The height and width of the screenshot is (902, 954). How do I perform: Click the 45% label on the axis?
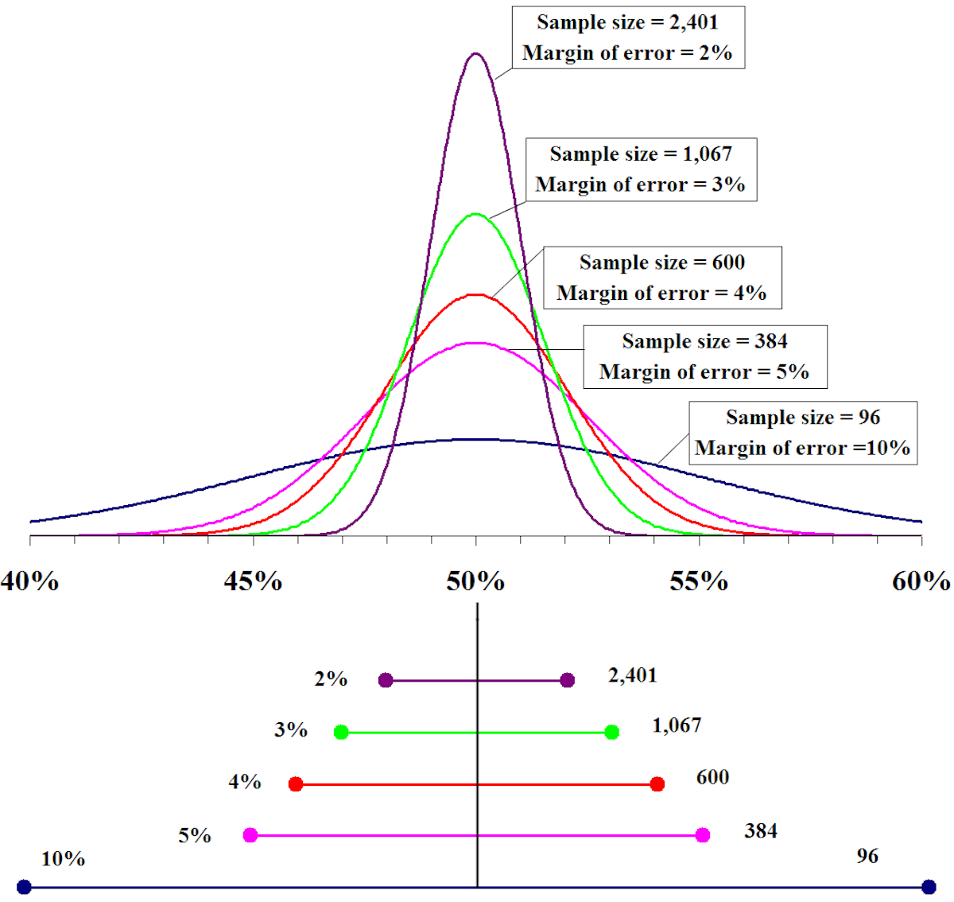253,581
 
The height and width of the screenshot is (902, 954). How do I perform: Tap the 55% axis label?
699,581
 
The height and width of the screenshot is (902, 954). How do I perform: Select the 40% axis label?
30,581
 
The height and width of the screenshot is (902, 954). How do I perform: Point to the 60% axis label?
921,581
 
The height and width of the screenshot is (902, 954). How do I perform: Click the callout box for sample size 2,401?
627,37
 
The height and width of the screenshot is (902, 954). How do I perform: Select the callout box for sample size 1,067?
640,169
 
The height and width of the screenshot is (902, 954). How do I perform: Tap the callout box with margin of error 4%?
661,278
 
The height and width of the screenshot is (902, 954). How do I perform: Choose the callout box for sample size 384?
704,356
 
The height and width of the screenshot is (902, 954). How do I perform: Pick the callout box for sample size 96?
802,433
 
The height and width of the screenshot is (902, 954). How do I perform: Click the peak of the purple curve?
475,54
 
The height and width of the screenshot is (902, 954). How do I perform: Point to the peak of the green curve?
475,214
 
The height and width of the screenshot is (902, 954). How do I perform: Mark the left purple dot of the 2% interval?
386,680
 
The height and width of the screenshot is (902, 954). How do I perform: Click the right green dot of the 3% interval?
612,732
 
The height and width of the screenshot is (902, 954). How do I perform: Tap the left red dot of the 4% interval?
296,784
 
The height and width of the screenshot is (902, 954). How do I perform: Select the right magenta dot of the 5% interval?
702,835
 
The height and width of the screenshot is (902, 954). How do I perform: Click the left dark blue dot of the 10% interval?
24,886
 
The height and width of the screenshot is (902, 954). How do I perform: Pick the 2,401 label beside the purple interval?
632,675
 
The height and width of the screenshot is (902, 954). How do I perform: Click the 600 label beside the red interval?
712,777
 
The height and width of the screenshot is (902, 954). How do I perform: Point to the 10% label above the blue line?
63,859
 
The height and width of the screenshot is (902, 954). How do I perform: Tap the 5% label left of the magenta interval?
194,835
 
